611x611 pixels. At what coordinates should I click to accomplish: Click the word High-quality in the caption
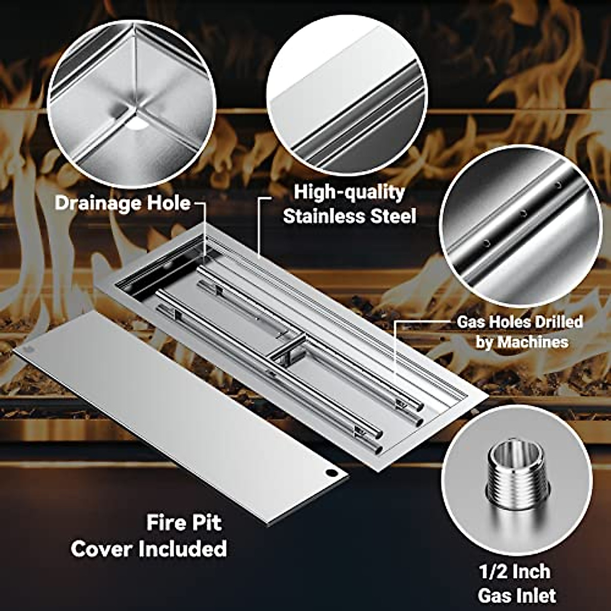click(349, 192)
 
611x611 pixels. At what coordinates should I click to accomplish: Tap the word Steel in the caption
click(393, 216)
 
